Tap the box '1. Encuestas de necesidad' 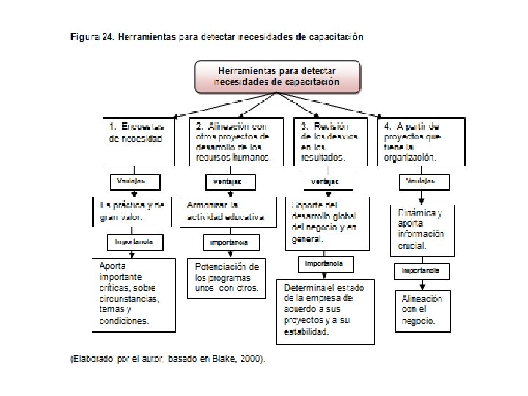tap(139, 140)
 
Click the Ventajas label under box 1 tap(131, 180)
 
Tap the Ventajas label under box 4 tap(420, 180)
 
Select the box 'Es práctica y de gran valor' tap(133, 211)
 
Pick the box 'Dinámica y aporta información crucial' tap(422, 230)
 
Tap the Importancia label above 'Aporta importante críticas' tap(134, 241)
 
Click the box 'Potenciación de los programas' tap(223, 277)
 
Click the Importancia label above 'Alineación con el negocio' tap(420, 271)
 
